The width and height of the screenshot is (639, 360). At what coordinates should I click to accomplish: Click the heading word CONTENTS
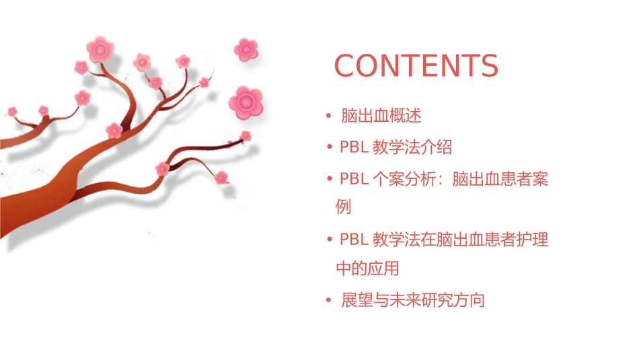416,66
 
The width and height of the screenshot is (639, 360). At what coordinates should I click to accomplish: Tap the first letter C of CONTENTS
346,66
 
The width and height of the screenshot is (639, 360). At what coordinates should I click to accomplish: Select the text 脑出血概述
381,116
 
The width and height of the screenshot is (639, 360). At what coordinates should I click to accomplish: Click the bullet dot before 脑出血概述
328,116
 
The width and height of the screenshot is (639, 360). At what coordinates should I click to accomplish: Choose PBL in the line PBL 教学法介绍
354,147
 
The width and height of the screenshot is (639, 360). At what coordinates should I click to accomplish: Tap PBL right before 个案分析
354,180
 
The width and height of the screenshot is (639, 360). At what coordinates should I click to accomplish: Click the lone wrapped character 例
343,207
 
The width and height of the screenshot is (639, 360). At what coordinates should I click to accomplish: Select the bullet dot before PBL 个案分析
329,180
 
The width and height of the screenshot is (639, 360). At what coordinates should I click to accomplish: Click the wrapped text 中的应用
367,268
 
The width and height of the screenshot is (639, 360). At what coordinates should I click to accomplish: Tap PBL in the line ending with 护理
354,239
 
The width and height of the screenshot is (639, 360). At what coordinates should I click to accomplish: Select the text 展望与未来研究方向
413,300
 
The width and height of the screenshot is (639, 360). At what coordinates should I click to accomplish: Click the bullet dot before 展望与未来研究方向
328,300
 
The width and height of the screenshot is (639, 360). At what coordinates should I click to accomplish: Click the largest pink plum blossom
245,102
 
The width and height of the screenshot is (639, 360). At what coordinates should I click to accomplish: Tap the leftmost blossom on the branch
12,111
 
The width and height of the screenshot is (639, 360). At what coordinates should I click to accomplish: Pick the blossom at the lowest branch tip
221,178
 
